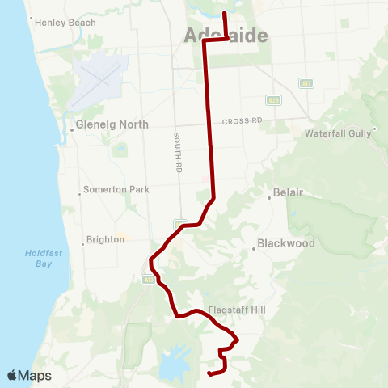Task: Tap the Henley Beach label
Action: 65,23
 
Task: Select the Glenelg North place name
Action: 112,124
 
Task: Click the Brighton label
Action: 106,239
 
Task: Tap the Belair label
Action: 288,194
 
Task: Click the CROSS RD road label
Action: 244,120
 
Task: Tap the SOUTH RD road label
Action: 177,154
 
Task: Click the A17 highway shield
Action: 305,82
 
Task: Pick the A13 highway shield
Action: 149,280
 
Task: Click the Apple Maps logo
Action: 30,375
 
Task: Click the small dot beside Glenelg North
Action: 72,125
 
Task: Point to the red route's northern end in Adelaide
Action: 224,14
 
